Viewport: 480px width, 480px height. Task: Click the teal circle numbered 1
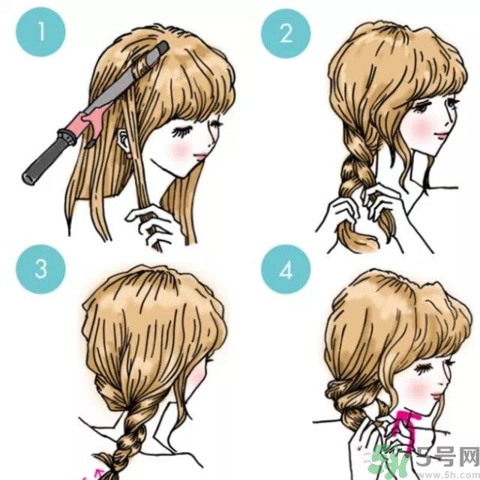pyautogui.click(x=40, y=31)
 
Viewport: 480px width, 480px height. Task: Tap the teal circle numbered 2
pyautogui.click(x=286, y=33)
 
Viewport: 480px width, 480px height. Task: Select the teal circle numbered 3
pyautogui.click(x=40, y=269)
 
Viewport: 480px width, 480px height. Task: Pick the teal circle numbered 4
pyautogui.click(x=286, y=269)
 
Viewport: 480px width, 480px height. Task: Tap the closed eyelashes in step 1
pyautogui.click(x=181, y=132)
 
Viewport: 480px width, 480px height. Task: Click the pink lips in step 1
pyautogui.click(x=201, y=157)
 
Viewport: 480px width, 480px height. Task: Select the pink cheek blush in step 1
pyautogui.click(x=181, y=151)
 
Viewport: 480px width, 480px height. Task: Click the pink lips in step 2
pyautogui.click(x=442, y=135)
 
